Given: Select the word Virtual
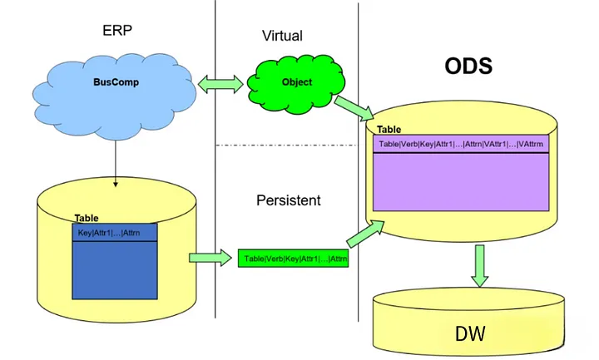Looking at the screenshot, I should [x=281, y=36].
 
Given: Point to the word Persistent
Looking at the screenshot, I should [x=288, y=200].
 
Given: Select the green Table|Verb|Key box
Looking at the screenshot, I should [x=295, y=259].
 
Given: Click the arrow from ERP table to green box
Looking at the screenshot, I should [x=210, y=258].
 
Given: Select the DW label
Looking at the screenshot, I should [x=470, y=334].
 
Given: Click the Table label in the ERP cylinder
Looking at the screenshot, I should [x=87, y=218].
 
